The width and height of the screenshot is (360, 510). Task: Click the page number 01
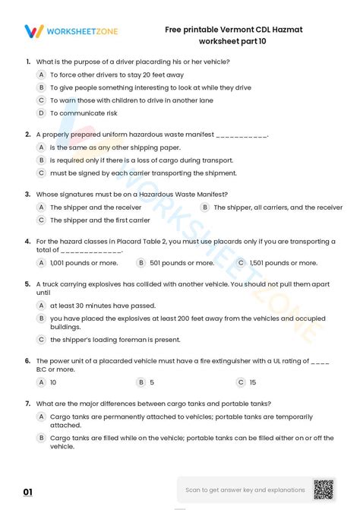(x=28, y=493)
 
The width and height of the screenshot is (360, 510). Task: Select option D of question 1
(x=41, y=112)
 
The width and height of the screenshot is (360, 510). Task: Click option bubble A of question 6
(x=41, y=382)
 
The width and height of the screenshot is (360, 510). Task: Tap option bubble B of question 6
(x=141, y=382)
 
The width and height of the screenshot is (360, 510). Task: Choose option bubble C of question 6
(x=241, y=382)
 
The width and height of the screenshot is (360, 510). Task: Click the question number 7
(x=28, y=403)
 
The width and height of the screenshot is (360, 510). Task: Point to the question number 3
(x=28, y=194)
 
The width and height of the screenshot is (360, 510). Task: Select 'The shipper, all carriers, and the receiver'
(x=278, y=207)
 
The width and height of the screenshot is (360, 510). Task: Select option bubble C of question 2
(x=41, y=173)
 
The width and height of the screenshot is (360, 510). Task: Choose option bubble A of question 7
(x=41, y=417)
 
